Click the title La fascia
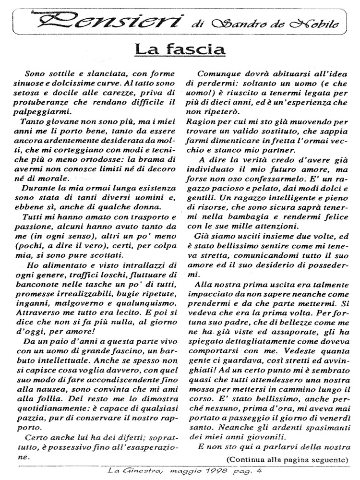tap(179, 49)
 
